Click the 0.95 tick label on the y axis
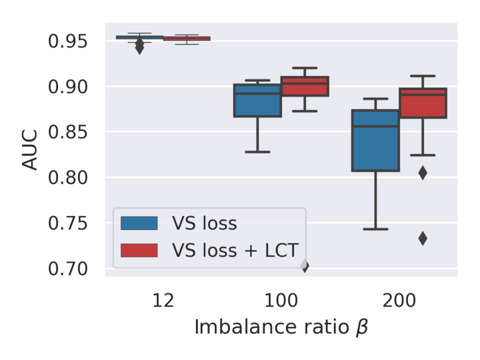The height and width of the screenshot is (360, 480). pos(68,41)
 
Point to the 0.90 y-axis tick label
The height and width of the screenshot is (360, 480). pos(68,87)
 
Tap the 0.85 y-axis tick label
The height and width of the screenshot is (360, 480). pos(68,132)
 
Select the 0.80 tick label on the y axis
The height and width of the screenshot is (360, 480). pos(68,177)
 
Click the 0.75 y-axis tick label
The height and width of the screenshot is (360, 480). pos(68,223)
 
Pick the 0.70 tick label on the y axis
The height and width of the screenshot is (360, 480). pos(68,268)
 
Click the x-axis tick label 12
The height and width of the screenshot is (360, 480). pos(163,300)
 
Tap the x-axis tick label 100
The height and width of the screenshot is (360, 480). pos(281,300)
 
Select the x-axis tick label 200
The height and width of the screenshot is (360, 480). pos(399,300)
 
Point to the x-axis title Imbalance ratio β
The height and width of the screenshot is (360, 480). pos(281,327)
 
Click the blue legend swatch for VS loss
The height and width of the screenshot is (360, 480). pos(139,223)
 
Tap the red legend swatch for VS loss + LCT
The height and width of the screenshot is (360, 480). pos(139,250)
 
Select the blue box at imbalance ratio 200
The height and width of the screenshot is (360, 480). pos(375,141)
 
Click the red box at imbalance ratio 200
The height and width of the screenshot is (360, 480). pos(423,103)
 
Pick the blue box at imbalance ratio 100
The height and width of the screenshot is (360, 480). pos(257,101)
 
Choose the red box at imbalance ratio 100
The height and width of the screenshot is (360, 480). pos(305,87)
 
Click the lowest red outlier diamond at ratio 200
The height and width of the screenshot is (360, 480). pos(423,238)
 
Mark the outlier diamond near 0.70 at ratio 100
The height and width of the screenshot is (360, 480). pos(305,266)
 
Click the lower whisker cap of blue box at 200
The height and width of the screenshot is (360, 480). pos(375,229)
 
